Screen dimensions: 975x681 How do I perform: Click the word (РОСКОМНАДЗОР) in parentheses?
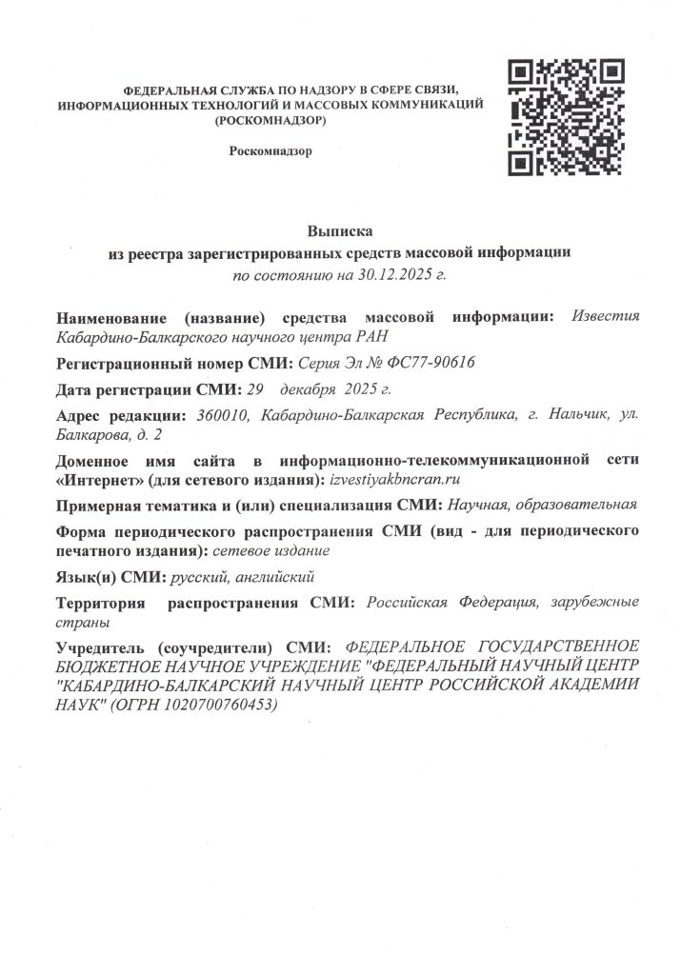click(270, 121)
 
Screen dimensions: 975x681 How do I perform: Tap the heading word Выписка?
click(339, 232)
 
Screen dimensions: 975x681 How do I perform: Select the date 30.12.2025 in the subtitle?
click(394, 275)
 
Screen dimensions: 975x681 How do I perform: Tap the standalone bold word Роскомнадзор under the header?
click(270, 151)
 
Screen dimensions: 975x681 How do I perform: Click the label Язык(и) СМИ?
click(110, 577)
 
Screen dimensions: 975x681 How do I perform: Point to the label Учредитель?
click(102, 646)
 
